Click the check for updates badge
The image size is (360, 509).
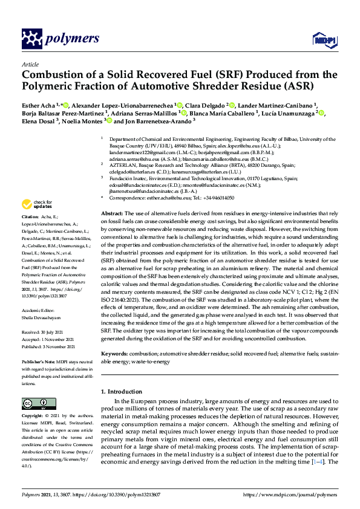pos(35,204)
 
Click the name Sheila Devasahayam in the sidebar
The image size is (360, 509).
pos(43,314)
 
